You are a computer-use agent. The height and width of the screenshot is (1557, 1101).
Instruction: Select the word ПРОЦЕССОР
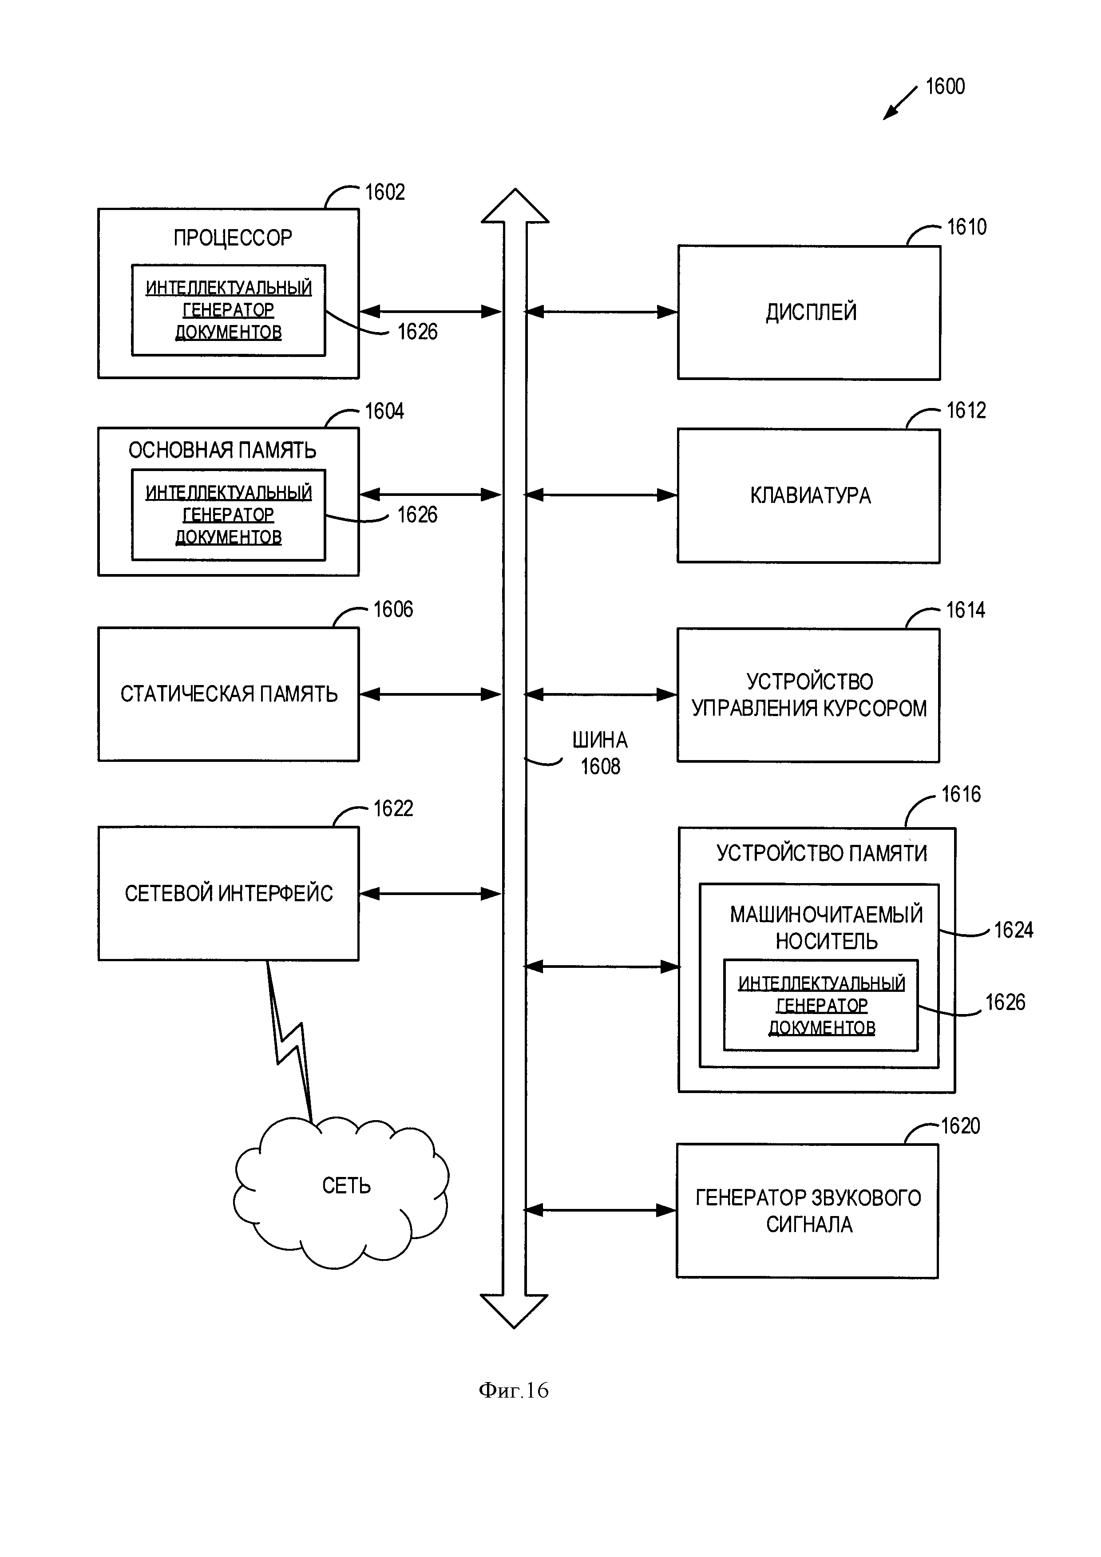pyautogui.click(x=233, y=238)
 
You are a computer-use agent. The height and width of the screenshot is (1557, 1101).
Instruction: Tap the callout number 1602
pyautogui.click(x=384, y=193)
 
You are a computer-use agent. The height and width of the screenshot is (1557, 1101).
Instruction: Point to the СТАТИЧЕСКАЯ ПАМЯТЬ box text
pyautogui.click(x=229, y=694)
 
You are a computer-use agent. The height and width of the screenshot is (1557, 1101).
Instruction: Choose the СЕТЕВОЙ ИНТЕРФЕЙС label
pyautogui.click(x=229, y=893)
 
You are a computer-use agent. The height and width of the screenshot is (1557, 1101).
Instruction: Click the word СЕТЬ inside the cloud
pyautogui.click(x=346, y=1185)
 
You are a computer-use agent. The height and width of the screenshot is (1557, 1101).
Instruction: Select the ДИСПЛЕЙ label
pyautogui.click(x=811, y=312)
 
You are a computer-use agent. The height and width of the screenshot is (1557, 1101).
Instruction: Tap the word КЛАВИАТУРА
pyautogui.click(x=810, y=496)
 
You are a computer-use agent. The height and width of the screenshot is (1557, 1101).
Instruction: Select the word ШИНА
pyautogui.click(x=599, y=740)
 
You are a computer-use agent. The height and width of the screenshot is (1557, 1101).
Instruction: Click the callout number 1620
pyautogui.click(x=960, y=1126)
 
